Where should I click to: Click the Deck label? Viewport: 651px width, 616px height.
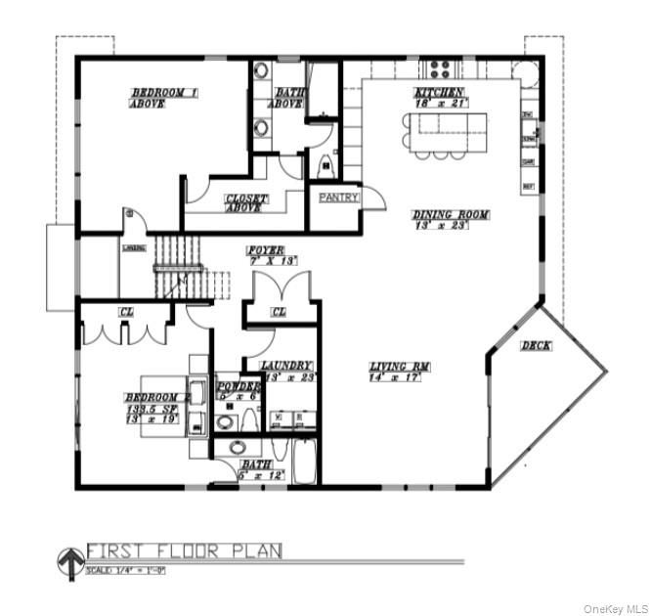pyautogui.click(x=535, y=345)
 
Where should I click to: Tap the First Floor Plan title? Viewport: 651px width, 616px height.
pyautogui.click(x=185, y=550)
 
